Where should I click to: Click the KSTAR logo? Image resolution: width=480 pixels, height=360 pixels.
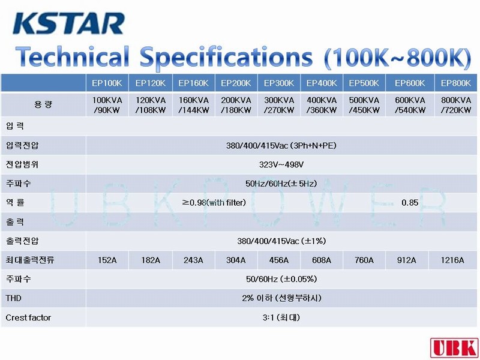pos(68,23)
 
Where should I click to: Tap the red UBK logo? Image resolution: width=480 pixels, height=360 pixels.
pos(455,348)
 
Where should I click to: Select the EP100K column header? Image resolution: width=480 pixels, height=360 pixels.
pos(107,83)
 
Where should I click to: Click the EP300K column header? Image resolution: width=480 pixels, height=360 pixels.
pos(279,83)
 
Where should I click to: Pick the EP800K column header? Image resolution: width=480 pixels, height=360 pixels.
pos(456,83)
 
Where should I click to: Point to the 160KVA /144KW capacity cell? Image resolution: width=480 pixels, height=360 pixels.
pos(193,105)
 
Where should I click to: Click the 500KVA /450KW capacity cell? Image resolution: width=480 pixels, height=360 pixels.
pos(364,105)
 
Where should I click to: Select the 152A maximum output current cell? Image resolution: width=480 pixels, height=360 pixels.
pos(107,260)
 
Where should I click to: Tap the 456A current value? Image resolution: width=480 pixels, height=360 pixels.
pos(279,260)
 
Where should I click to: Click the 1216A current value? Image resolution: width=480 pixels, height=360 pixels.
pos(452,260)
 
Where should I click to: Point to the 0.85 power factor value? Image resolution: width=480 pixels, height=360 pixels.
pos(410,203)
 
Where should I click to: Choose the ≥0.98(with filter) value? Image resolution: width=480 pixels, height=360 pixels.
pos(214,203)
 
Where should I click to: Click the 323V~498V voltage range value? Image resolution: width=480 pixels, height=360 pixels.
pos(281,164)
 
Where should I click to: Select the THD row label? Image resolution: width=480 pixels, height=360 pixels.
pos(13,298)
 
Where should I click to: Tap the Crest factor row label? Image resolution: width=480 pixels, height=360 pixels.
pos(28,317)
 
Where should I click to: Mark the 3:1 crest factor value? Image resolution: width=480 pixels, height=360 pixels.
pos(281,317)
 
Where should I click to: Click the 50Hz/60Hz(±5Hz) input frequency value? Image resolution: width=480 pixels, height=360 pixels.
pos(281,184)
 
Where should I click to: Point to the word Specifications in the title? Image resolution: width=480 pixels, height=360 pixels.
pos(226,57)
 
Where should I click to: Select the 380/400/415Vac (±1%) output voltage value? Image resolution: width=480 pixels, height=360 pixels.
pos(281,241)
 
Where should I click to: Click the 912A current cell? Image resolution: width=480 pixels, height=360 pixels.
pos(407,260)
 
